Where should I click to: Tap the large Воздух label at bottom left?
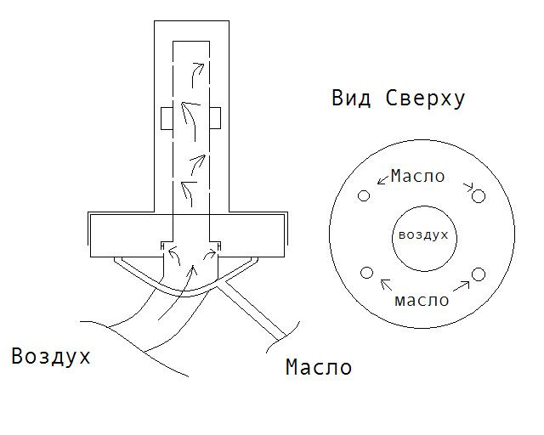click(x=50, y=355)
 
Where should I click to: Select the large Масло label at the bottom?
click(x=318, y=368)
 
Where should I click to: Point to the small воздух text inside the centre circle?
click(x=422, y=234)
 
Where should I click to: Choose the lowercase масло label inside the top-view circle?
click(x=422, y=300)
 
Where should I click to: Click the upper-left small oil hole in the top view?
click(x=365, y=195)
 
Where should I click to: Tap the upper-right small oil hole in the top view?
click(x=479, y=196)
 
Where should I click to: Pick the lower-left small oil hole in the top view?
click(x=367, y=273)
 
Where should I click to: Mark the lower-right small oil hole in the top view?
click(x=478, y=274)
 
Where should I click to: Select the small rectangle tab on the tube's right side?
click(x=216, y=118)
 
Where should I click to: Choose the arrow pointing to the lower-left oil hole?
click(x=387, y=285)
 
